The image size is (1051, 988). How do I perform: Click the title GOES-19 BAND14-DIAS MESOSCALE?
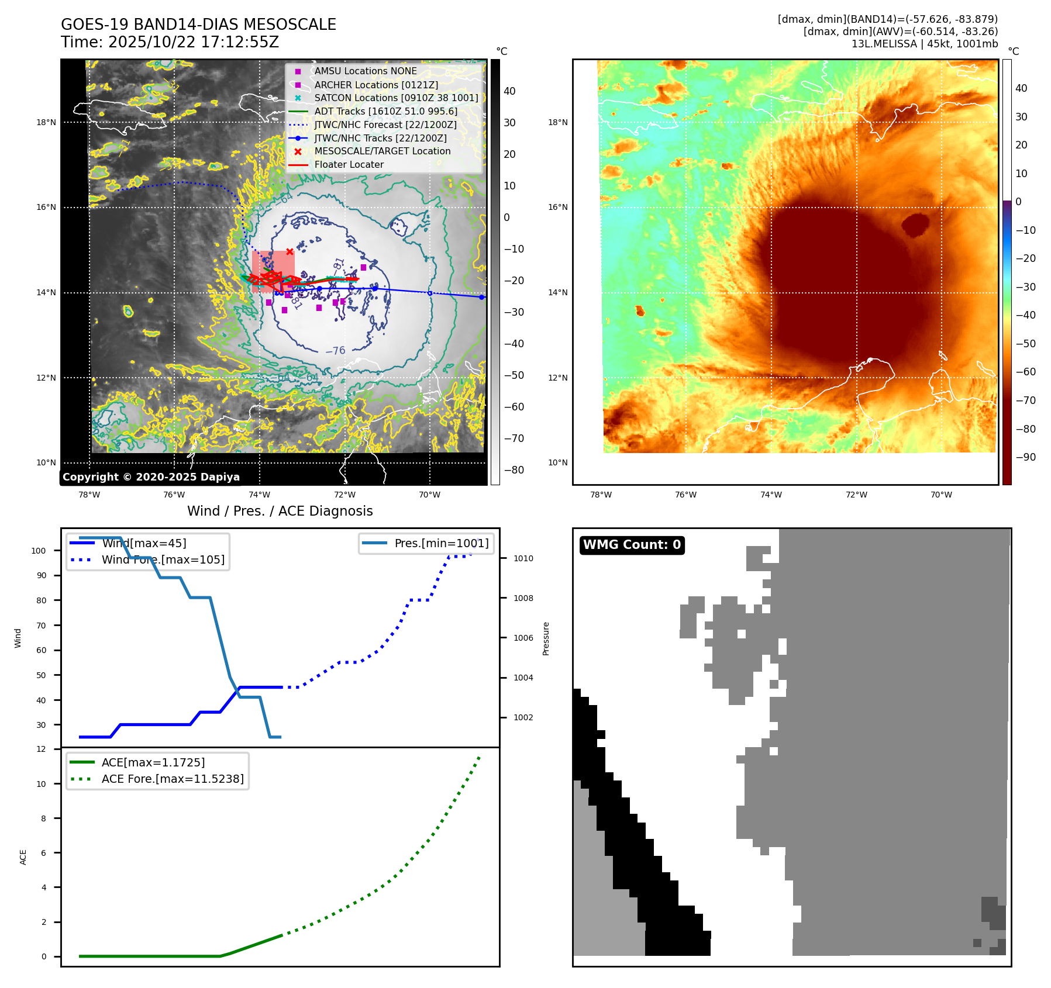pyautogui.click(x=198, y=25)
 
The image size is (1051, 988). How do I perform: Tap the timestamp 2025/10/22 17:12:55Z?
pyautogui.click(x=194, y=43)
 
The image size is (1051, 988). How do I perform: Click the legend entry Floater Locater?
pyautogui.click(x=349, y=165)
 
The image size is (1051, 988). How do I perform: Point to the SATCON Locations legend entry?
pyautogui.click(x=396, y=98)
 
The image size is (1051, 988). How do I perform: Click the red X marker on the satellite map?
pyautogui.click(x=290, y=251)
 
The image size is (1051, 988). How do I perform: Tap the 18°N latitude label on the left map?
pyautogui.click(x=46, y=123)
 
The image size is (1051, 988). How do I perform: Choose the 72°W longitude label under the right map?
pyautogui.click(x=856, y=495)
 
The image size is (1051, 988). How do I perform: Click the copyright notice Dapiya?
pyautogui.click(x=151, y=477)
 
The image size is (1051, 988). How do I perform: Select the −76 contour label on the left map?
pyautogui.click(x=335, y=351)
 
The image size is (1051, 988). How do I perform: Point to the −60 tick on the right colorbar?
pyautogui.click(x=1025, y=372)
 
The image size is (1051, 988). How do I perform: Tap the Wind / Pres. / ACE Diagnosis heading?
pyautogui.click(x=280, y=511)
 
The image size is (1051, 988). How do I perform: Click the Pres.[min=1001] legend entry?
pyautogui.click(x=441, y=543)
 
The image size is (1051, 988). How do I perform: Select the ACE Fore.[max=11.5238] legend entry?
pyautogui.click(x=172, y=779)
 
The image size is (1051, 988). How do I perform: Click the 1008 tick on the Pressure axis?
pyautogui.click(x=523, y=598)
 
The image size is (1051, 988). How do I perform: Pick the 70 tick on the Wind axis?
pyautogui.click(x=41, y=626)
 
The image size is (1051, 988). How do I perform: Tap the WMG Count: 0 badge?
pyautogui.click(x=632, y=545)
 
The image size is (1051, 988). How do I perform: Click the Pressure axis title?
pyautogui.click(x=546, y=638)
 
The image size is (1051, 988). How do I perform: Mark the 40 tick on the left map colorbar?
pyautogui.click(x=509, y=91)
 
